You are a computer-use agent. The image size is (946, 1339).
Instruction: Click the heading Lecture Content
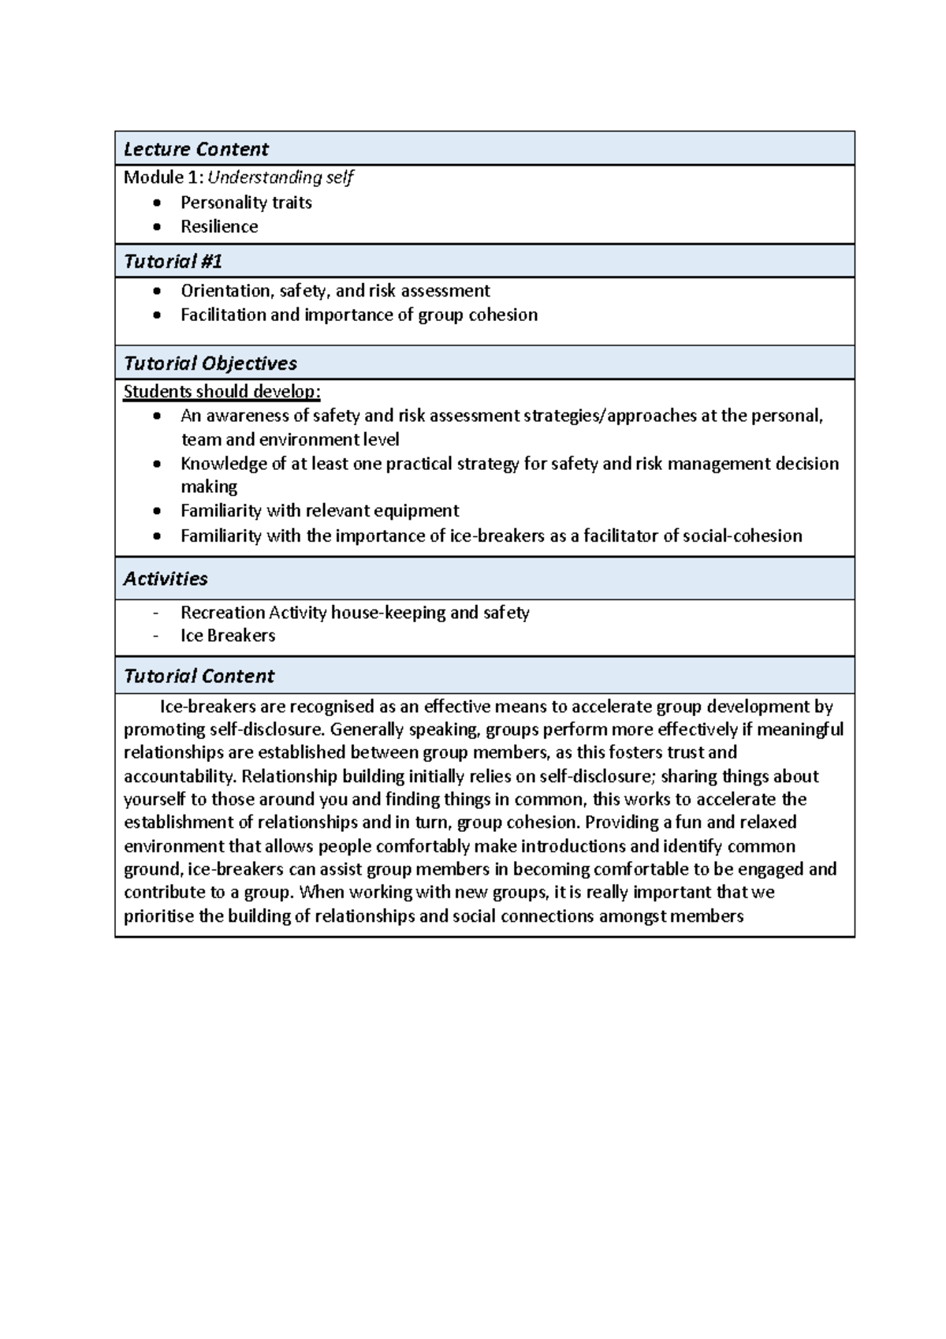coord(196,149)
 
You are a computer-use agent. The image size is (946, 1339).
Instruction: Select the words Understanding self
coord(280,177)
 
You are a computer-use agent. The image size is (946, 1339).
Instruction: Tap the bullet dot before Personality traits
coord(158,203)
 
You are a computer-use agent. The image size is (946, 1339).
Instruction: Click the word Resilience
coord(219,227)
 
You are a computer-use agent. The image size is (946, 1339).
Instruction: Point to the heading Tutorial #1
coord(173,261)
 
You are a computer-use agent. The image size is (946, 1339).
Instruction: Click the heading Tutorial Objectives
coord(210,364)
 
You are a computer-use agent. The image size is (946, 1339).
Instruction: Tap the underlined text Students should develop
coord(222,392)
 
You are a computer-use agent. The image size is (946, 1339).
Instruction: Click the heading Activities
coord(166,579)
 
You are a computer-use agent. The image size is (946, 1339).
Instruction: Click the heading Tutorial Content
coord(199,677)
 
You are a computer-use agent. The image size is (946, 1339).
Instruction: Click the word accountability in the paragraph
coord(181,776)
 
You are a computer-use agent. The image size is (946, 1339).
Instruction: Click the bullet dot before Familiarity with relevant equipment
coord(158,512)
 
